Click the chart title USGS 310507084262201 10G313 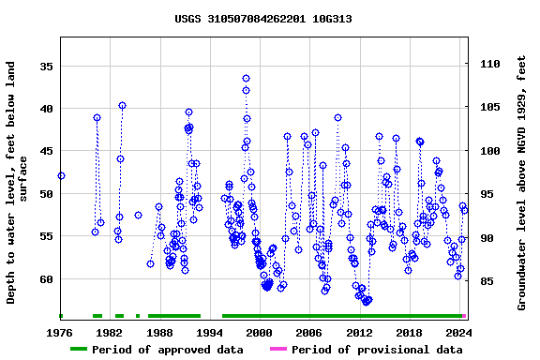[x=263, y=19]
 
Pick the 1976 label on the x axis [x=61, y=332]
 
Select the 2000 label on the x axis [x=260, y=332]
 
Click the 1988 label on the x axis [x=160, y=332]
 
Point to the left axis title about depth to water [x=18, y=183]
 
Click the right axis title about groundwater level [x=522, y=183]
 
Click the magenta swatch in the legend [x=278, y=350]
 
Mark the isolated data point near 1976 [x=61, y=175]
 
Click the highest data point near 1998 [x=246, y=79]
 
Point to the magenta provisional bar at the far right [x=464, y=316]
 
